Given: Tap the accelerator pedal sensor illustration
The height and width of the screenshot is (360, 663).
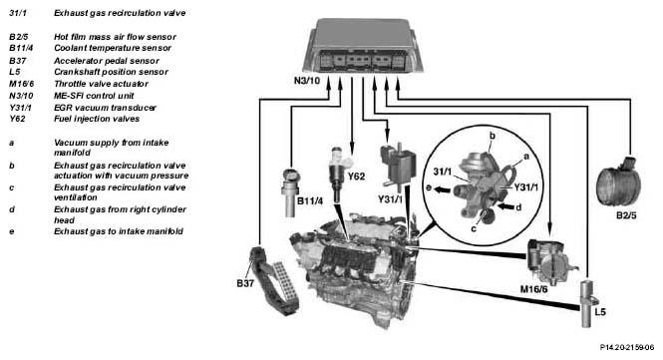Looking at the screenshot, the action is pos(274,279).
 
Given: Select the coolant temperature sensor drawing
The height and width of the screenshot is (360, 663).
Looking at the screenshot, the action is pos(290,192).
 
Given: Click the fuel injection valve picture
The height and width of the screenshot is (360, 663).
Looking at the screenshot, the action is pos(339,175).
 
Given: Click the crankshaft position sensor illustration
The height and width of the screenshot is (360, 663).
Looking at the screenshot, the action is pos(588,303).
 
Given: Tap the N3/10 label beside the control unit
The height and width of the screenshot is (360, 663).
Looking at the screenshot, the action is pos(307,80).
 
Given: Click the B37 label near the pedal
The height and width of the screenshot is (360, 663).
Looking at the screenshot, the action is pos(245,283).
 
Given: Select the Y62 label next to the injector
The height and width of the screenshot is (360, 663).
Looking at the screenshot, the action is pos(356,176).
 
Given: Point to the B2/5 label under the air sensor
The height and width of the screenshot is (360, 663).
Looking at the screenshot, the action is pos(626,215).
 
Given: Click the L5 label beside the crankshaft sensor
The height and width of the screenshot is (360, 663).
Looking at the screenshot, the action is pos(600,312).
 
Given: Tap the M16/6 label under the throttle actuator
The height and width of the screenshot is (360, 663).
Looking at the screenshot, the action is pos(533,289).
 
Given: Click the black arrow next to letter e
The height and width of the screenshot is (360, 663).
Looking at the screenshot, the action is pos(442,189).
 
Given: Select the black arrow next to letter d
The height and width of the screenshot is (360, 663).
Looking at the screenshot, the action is pos(504,206).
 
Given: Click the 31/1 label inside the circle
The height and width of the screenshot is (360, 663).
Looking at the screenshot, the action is pos(443,172).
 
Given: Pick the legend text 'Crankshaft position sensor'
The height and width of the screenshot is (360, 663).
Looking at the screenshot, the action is pos(111,72).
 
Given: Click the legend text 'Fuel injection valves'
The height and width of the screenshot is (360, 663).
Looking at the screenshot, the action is pos(97,119).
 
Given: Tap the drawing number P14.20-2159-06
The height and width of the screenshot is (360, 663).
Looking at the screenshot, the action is pos(627,347).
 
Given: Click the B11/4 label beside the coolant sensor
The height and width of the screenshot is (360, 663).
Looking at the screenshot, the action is pos(310,200).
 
